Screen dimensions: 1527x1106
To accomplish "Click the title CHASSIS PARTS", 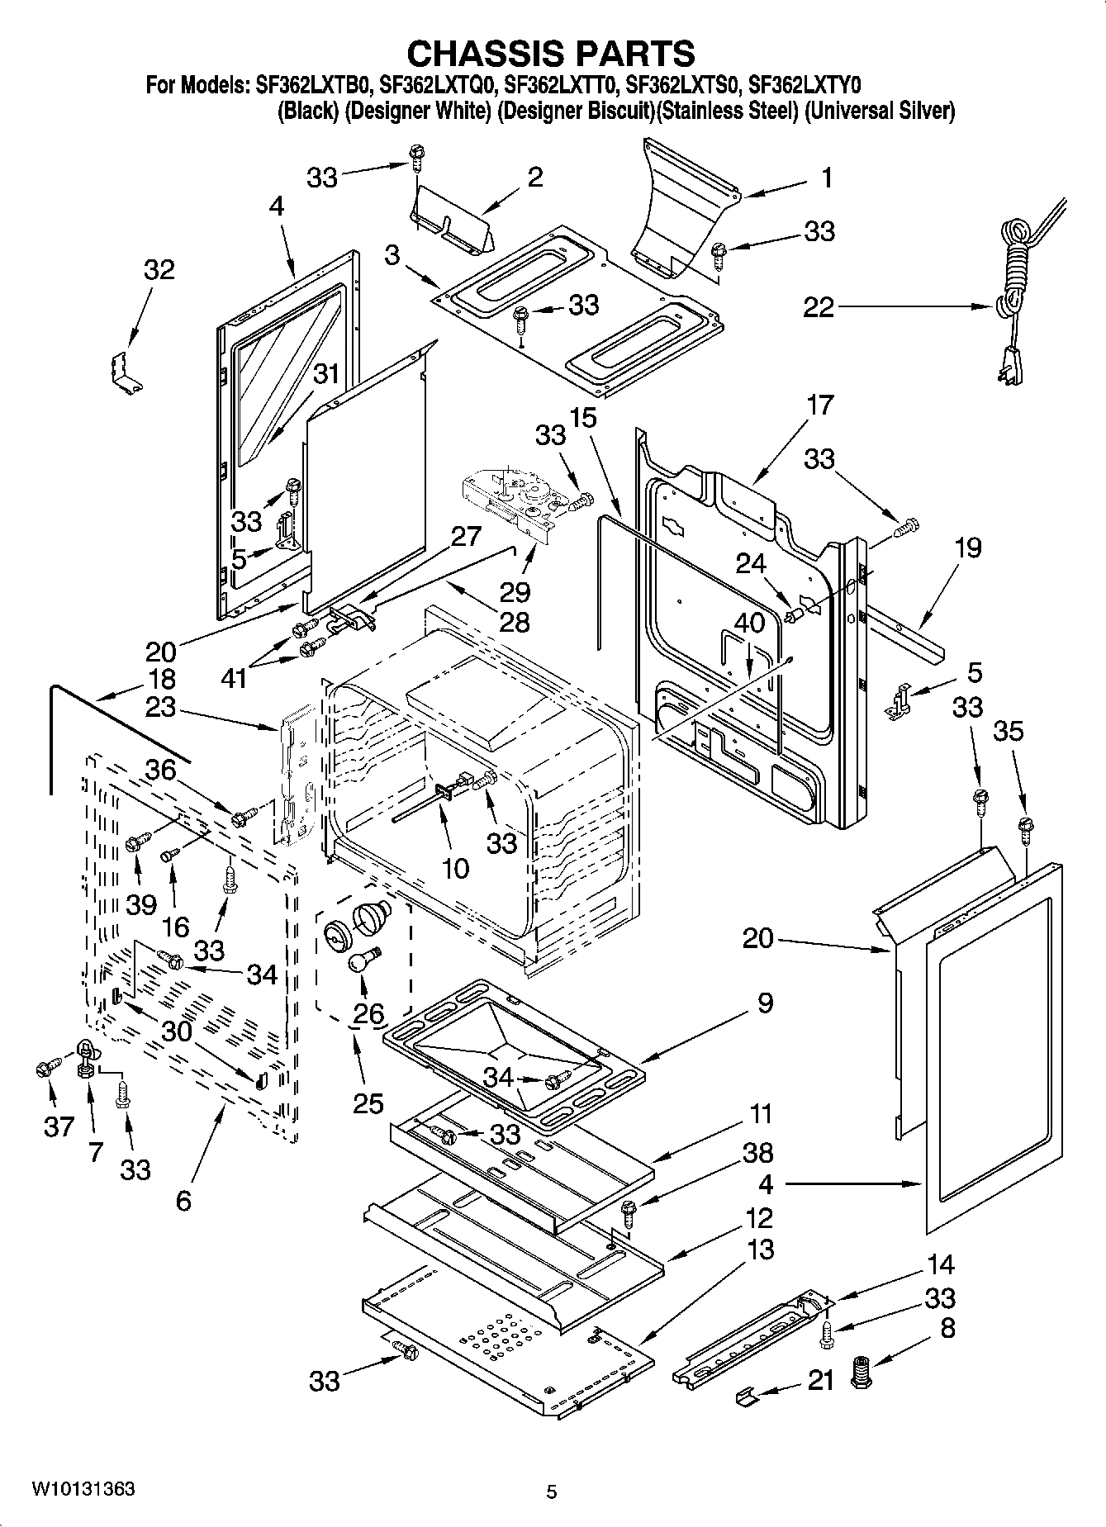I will [x=552, y=53].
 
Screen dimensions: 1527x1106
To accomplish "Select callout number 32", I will [x=159, y=269].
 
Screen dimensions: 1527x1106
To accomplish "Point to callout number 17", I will [x=820, y=405].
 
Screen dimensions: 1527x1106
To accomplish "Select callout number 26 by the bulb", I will [x=368, y=1012].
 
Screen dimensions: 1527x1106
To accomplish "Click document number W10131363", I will [x=83, y=1489].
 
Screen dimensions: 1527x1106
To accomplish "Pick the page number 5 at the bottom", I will [x=552, y=1491].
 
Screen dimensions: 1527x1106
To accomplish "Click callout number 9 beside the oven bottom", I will [x=764, y=1003].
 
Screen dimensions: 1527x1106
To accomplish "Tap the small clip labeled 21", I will [x=746, y=1394].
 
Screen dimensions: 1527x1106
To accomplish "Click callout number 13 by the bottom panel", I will [x=760, y=1250].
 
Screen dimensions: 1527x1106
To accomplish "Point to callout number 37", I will [x=58, y=1126].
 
